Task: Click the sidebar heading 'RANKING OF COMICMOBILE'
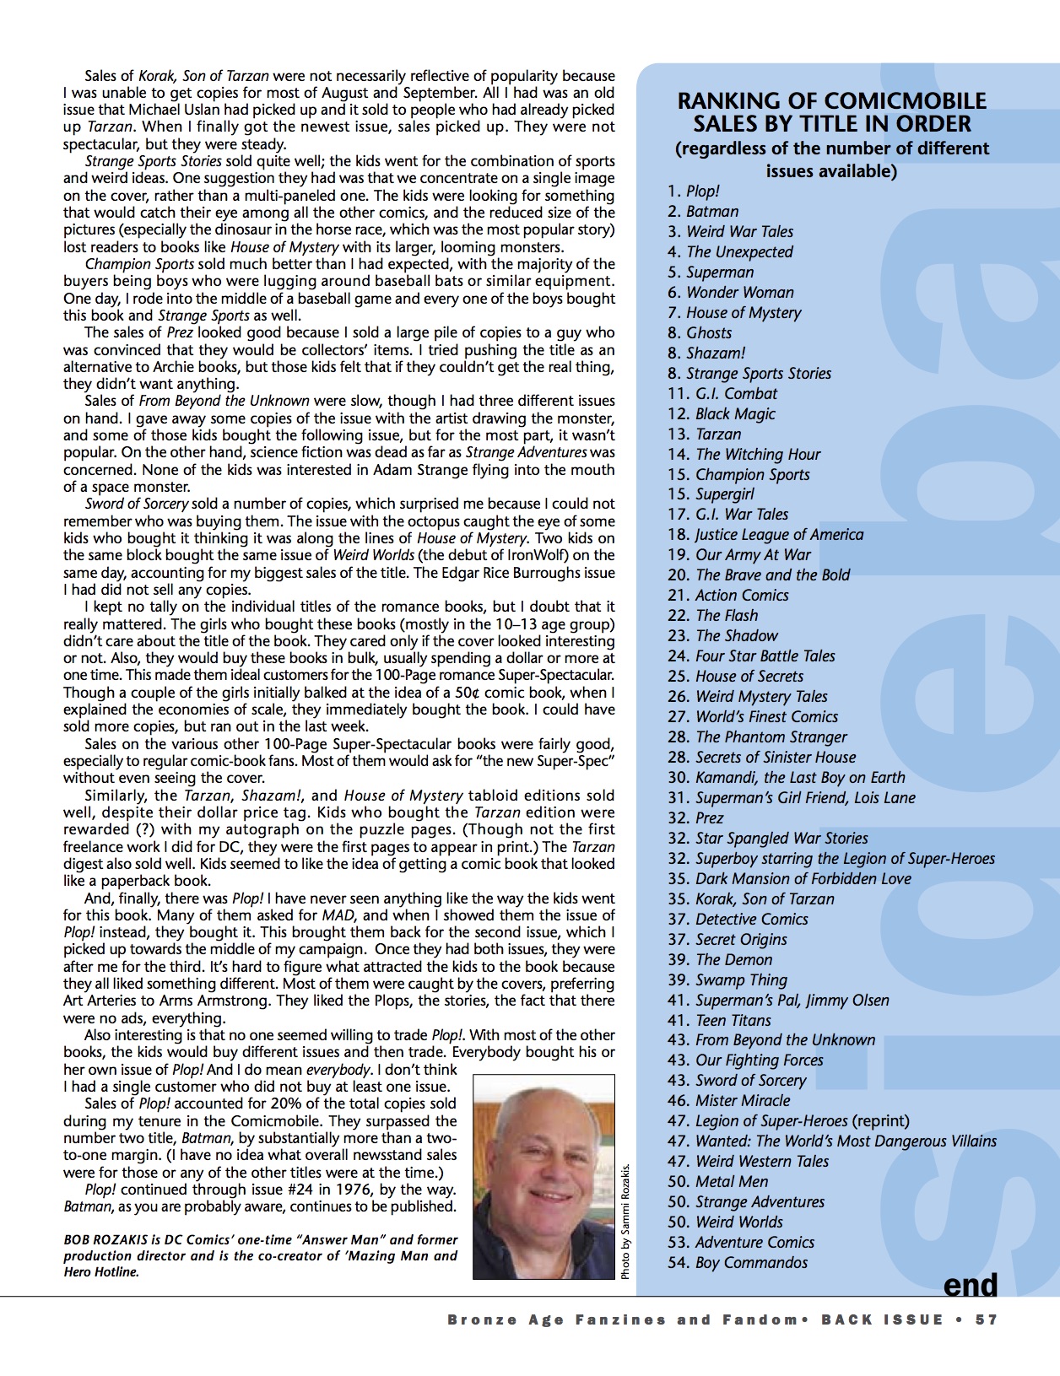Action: [x=831, y=101]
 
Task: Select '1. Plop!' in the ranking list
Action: [x=693, y=192]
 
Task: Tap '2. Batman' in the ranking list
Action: [x=703, y=212]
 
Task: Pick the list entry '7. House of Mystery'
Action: [x=734, y=313]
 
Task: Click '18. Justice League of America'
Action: [x=765, y=535]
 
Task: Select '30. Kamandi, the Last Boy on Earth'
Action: [x=786, y=778]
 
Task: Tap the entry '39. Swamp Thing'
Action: [x=727, y=980]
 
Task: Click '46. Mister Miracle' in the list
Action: [x=728, y=1101]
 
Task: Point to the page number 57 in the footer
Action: [x=986, y=1320]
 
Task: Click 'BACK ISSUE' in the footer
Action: [x=882, y=1320]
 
